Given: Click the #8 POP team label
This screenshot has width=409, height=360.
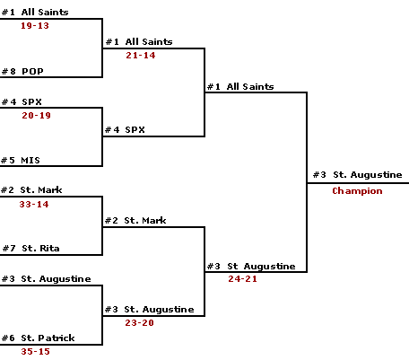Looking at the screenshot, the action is (x=22, y=72).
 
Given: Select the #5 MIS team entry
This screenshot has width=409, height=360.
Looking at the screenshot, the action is (x=21, y=161).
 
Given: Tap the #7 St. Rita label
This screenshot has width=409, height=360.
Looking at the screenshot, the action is (x=31, y=249).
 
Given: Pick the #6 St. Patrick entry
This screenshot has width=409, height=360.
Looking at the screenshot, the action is (x=39, y=338).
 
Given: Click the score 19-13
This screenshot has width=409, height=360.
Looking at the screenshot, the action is (x=35, y=26).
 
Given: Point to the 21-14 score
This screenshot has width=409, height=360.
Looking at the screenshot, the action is (x=141, y=56).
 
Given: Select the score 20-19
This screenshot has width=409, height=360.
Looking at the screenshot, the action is (x=36, y=116).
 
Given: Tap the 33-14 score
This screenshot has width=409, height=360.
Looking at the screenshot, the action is (x=34, y=205).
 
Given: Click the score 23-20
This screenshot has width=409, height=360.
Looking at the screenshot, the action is (x=139, y=323).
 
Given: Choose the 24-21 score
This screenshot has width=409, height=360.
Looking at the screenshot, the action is (x=242, y=279).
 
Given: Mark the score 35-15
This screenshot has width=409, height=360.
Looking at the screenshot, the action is (x=35, y=352).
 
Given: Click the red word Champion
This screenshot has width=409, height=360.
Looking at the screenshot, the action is (x=357, y=191).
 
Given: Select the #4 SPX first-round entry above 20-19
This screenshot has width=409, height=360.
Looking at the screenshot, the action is (x=22, y=102).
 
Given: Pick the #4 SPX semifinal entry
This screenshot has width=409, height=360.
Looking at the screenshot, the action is (x=125, y=130).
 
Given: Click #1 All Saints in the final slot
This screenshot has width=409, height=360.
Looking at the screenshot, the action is (x=240, y=87).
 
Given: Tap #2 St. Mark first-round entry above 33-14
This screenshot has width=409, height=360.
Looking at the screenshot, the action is (x=31, y=190).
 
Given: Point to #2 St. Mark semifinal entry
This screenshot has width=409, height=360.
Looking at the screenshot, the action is (x=135, y=221).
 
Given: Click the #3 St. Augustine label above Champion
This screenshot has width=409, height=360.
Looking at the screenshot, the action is (x=358, y=175).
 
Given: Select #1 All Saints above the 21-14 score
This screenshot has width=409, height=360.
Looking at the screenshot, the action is (x=139, y=42).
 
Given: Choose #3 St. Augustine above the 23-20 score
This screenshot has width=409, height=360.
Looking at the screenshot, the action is (x=150, y=310).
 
